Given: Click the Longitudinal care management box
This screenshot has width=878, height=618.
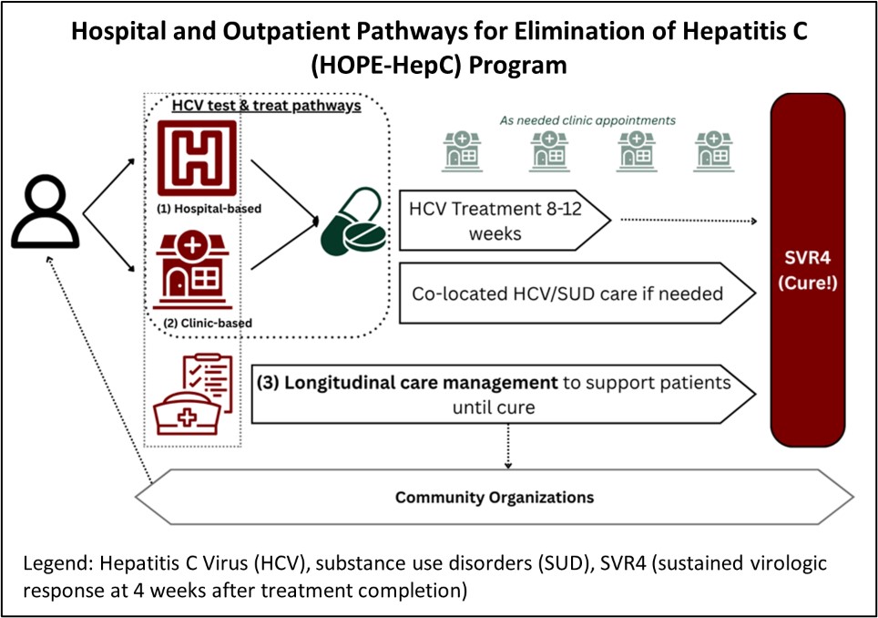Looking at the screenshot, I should click(x=505, y=395).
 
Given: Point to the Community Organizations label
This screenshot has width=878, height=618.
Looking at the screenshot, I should click(x=494, y=498).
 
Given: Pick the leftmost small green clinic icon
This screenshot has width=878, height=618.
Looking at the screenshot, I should click(x=463, y=150).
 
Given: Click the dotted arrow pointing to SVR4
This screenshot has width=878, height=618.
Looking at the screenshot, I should click(x=689, y=221).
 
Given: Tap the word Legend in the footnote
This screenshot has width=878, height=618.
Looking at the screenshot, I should click(x=54, y=564).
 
